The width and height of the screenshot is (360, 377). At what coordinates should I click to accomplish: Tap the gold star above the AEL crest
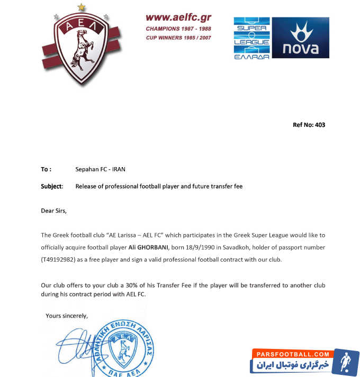pyautogui.click(x=81, y=7)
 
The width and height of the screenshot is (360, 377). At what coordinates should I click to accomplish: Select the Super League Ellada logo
pyautogui.click(x=253, y=38)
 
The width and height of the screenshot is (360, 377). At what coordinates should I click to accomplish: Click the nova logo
pyautogui.click(x=300, y=38)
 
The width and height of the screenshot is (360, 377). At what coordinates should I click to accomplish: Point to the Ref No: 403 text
pyautogui.click(x=309, y=125)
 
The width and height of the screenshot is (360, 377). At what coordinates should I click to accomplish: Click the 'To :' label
pyautogui.click(x=47, y=169)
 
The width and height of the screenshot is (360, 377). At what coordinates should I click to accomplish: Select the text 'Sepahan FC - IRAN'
pyautogui.click(x=101, y=169)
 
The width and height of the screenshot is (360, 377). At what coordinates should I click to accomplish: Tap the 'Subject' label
pyautogui.click(x=52, y=186)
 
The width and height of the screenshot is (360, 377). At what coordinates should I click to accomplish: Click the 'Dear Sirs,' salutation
pyautogui.click(x=54, y=210)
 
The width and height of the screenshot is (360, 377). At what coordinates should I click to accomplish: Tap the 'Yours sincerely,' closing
pyautogui.click(x=67, y=316)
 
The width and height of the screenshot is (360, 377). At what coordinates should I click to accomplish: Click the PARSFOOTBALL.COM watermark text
pyautogui.click(x=292, y=354)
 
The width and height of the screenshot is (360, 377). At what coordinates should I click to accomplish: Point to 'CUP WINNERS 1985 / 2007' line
pyautogui.click(x=179, y=38)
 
